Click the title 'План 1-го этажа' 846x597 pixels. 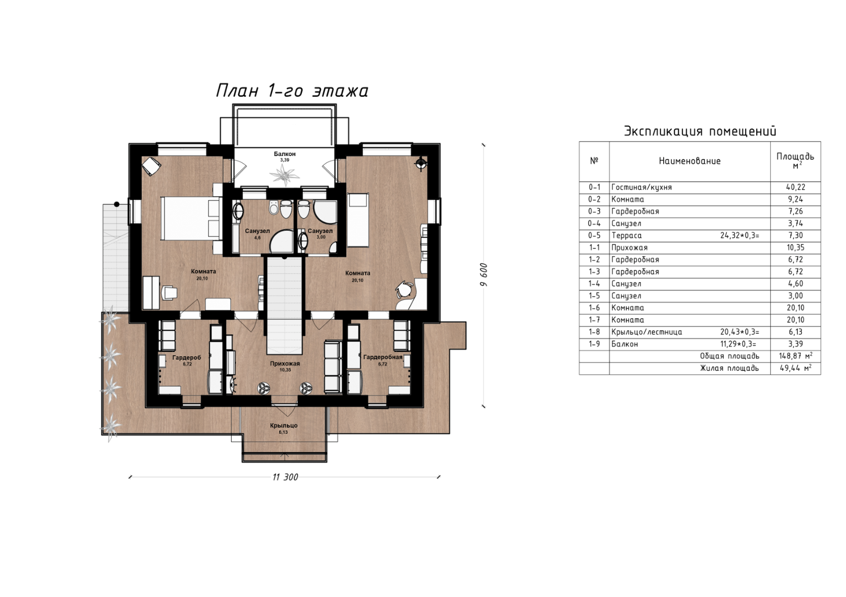click(x=292, y=91)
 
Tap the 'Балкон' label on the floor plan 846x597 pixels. click(x=285, y=154)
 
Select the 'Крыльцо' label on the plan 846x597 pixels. click(x=284, y=425)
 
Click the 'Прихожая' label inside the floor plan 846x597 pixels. click(x=285, y=364)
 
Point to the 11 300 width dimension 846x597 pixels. click(x=285, y=477)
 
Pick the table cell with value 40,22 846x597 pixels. click(x=796, y=188)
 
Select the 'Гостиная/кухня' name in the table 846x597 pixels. click(x=642, y=188)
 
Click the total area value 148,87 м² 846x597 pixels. click(x=796, y=356)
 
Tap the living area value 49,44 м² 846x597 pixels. click(x=796, y=368)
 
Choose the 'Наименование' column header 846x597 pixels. click(x=690, y=161)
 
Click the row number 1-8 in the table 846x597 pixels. click(x=594, y=332)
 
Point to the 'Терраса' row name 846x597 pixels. click(x=626, y=236)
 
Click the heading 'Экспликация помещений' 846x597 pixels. click(x=700, y=131)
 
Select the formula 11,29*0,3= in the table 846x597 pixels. click(x=740, y=344)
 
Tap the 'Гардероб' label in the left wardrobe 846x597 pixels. click(x=187, y=357)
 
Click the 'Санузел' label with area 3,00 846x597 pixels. click(x=320, y=231)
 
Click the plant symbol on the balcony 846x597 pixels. click(x=284, y=175)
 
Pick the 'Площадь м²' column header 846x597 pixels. click(x=796, y=161)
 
